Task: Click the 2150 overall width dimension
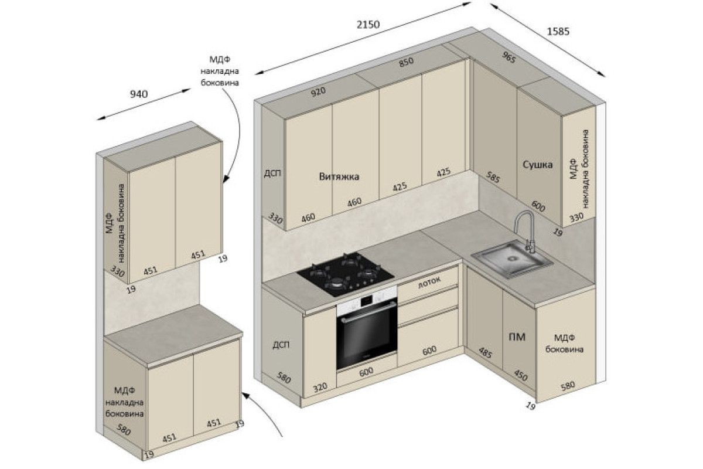click(x=368, y=25)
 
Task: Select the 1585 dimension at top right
click(x=558, y=32)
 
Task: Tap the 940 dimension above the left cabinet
click(x=139, y=94)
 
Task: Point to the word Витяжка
click(x=339, y=176)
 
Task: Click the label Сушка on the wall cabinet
click(x=538, y=165)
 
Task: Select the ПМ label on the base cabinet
click(x=517, y=337)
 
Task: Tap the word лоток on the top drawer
click(x=429, y=282)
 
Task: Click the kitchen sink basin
click(x=512, y=260)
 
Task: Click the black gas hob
click(x=346, y=274)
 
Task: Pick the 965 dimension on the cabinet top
click(x=509, y=57)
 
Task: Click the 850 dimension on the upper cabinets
click(x=406, y=62)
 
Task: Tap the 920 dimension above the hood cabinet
click(x=318, y=92)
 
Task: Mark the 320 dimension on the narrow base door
click(x=320, y=388)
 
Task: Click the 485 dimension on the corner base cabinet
click(x=485, y=353)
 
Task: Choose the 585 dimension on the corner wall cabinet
click(x=493, y=177)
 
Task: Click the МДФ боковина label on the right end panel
click(x=564, y=344)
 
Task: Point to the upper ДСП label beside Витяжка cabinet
click(x=272, y=173)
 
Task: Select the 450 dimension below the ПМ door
click(x=521, y=375)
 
